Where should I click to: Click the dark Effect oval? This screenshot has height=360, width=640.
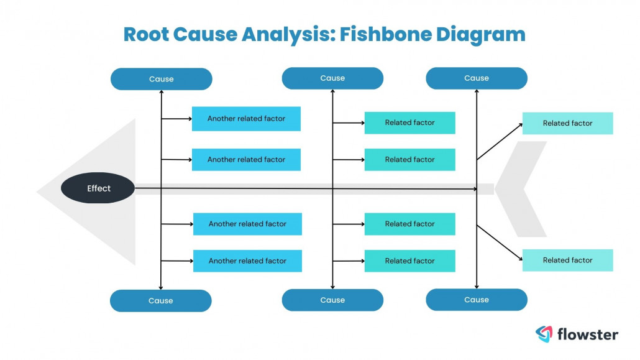pos(98,188)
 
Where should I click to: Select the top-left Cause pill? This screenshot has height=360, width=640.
pos(161,79)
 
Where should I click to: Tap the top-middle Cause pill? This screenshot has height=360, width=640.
pos(332,78)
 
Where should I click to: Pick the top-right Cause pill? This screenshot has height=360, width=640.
pos(477,78)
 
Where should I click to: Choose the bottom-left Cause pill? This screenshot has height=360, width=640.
pos(160,300)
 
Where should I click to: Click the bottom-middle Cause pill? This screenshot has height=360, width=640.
pos(332,300)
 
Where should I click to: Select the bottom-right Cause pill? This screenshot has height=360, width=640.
pos(477,300)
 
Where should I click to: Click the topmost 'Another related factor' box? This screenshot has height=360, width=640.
pos(246,119)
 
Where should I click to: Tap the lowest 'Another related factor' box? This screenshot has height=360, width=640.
pos(247,261)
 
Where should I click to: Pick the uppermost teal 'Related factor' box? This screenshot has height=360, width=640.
pos(409,123)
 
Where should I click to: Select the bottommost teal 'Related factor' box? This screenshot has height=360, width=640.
pos(409,261)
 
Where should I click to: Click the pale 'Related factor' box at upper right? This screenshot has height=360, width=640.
pos(567,123)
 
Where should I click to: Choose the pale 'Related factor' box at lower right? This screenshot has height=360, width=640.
pos(567,261)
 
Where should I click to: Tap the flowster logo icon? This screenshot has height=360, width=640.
pos(544,335)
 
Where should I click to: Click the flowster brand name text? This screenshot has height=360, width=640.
pos(587,335)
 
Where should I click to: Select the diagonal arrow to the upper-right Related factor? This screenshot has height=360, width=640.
pos(500,142)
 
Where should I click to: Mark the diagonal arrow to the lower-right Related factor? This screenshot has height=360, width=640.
pos(500,242)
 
